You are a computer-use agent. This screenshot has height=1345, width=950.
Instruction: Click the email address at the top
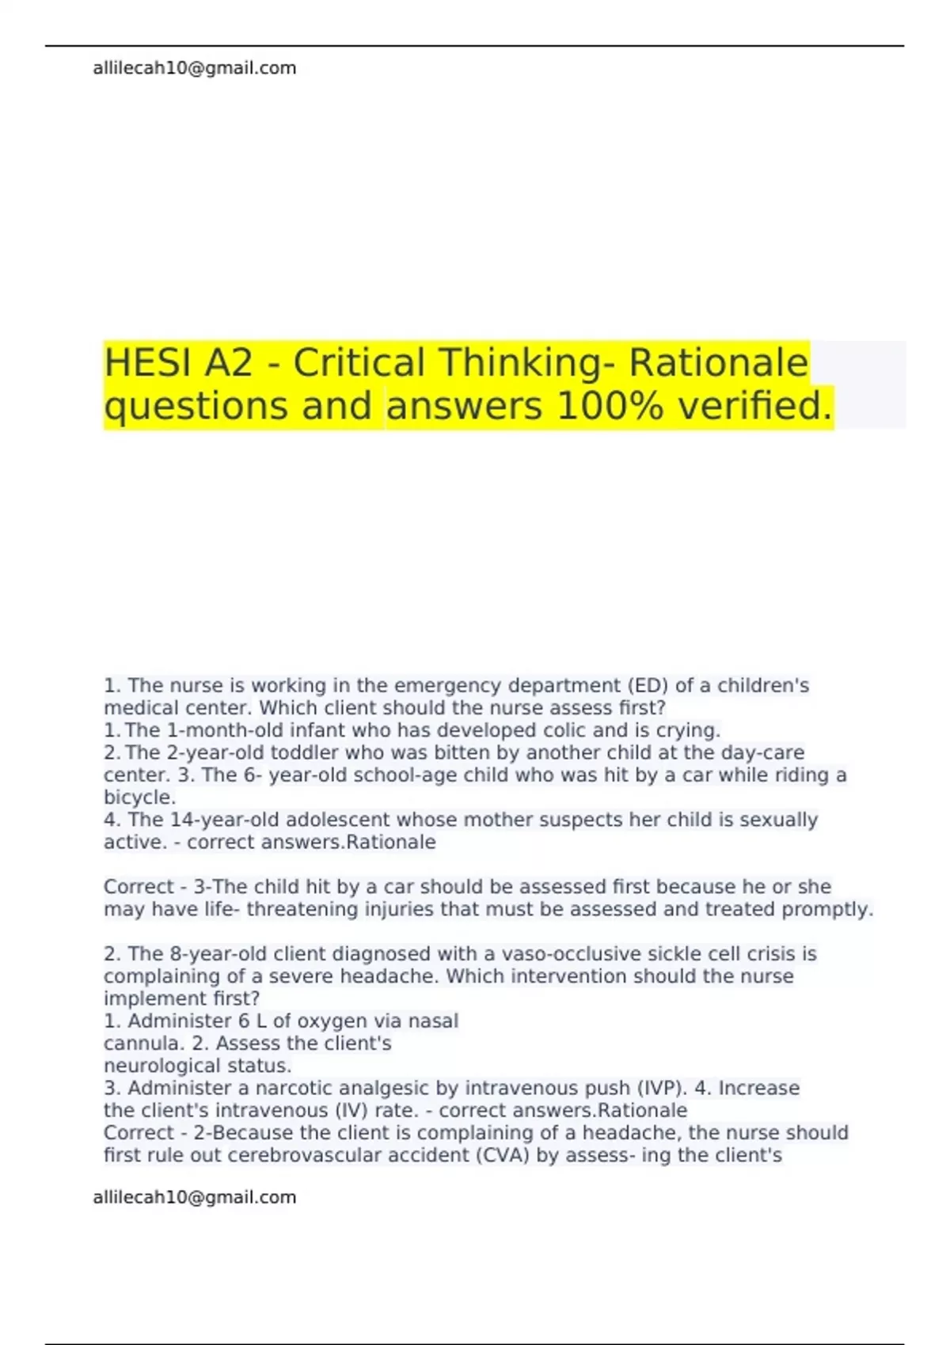194,69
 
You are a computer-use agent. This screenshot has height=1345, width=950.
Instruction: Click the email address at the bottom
194,1198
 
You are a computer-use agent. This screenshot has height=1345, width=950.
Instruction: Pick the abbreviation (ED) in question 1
648,686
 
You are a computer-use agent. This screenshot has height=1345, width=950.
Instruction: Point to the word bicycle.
139,798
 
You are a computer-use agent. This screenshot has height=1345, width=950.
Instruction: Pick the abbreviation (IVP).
661,1089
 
